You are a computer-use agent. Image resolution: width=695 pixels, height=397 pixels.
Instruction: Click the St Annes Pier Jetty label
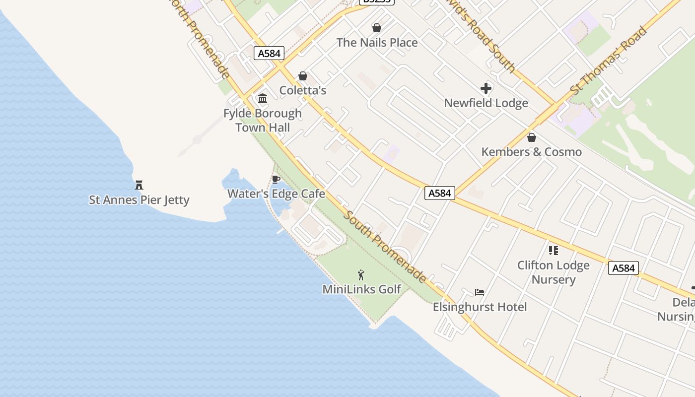coord(139,200)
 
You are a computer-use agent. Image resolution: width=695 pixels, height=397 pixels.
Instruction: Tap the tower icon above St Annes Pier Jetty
coord(139,185)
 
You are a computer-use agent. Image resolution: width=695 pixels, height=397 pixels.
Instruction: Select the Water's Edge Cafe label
coord(276,194)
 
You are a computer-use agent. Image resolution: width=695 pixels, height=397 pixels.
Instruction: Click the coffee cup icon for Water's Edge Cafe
coord(276,179)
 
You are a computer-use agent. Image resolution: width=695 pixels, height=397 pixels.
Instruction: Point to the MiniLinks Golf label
coord(362,289)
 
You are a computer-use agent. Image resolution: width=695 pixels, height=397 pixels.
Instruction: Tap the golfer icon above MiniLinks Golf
coord(361,274)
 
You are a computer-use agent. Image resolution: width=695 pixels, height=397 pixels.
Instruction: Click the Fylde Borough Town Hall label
coord(263,120)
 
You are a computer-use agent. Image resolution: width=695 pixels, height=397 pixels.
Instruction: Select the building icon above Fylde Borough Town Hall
coord(263,98)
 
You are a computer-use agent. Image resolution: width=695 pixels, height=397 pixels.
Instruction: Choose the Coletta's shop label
coord(303,90)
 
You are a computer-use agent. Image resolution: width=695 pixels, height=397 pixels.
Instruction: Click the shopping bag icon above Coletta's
coord(303,76)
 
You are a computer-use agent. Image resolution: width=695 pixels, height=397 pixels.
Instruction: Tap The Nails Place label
coord(377,43)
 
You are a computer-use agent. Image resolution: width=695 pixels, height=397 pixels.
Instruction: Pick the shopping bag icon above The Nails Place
coord(377,28)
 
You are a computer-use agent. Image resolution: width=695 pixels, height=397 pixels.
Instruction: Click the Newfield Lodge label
coord(486,103)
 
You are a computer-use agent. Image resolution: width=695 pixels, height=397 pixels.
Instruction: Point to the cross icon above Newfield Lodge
coord(486,88)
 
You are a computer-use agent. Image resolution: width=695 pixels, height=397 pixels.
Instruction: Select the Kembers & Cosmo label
coord(532,152)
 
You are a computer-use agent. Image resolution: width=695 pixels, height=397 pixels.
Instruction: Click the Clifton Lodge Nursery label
coord(554,272)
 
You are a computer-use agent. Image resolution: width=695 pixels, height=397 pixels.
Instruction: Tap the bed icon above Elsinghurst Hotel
coord(480,292)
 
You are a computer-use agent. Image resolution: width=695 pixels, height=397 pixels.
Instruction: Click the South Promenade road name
coord(385,247)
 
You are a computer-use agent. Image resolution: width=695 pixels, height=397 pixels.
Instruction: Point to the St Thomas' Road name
coord(609,61)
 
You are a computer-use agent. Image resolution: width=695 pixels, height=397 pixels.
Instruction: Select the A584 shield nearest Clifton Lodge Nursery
coord(624,268)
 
